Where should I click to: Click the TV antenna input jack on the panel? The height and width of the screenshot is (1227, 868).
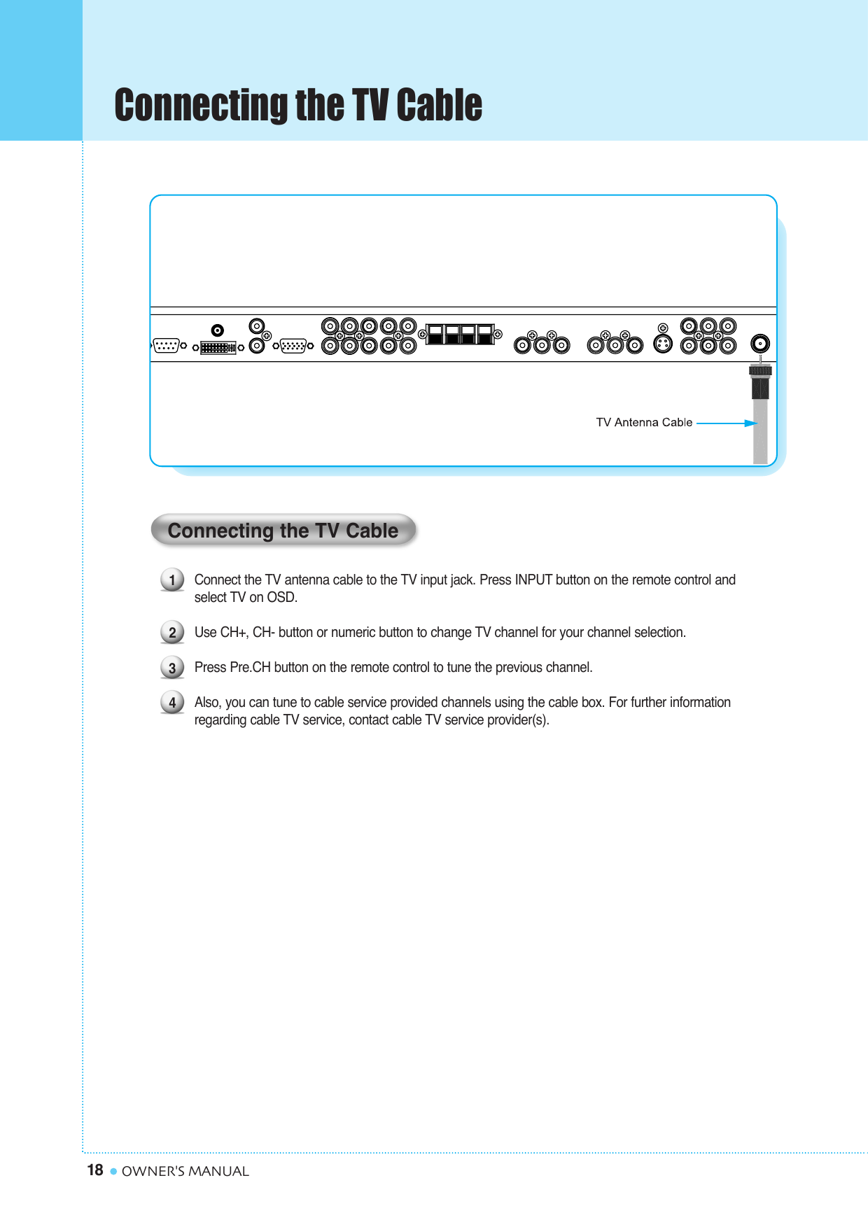click(x=759, y=343)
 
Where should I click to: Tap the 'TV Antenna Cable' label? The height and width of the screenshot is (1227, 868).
click(x=644, y=422)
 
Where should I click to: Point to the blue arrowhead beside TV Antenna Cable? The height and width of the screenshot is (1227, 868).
click(x=751, y=423)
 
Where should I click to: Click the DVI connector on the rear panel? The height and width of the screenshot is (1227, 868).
click(x=218, y=347)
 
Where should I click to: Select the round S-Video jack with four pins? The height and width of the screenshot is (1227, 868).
click(x=662, y=344)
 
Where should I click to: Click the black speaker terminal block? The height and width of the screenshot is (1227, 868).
click(x=460, y=334)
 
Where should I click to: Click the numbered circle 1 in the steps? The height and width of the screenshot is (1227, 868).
click(x=172, y=580)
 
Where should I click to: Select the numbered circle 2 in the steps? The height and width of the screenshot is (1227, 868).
click(x=172, y=633)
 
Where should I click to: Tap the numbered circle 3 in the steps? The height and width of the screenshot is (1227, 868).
click(x=172, y=668)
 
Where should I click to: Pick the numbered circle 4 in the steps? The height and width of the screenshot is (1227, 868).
click(x=172, y=702)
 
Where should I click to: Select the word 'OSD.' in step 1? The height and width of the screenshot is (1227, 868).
click(x=282, y=597)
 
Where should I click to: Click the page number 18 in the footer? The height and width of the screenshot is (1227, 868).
click(x=95, y=1170)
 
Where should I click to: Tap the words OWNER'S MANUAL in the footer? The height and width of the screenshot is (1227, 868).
click(x=185, y=1171)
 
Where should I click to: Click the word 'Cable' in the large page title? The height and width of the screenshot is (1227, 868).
click(x=439, y=105)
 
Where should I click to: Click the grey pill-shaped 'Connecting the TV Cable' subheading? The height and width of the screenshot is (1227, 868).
click(x=283, y=531)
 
